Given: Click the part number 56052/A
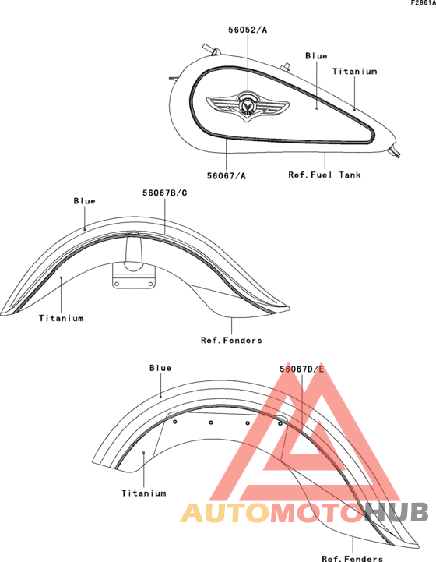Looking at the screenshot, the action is (x=248, y=30).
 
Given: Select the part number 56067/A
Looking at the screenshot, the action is (x=227, y=176).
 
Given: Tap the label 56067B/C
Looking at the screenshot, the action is (x=164, y=193).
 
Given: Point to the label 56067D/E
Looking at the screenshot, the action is (x=302, y=369).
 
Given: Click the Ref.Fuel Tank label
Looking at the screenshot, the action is (x=325, y=175).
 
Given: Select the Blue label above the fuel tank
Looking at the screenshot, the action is (x=316, y=56).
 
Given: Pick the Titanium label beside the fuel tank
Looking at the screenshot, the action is (x=355, y=72).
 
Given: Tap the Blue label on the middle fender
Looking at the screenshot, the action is (x=85, y=201).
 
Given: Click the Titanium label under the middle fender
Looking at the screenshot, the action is (x=62, y=318).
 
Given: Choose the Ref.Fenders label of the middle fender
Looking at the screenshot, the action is (x=231, y=340).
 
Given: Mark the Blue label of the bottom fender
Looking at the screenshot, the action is (x=160, y=368).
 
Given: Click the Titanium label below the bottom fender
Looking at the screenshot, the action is (x=144, y=493).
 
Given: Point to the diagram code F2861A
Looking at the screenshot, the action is (x=423, y=3).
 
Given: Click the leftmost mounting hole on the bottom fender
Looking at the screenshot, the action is (x=175, y=422).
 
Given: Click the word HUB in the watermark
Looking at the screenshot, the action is (x=396, y=512).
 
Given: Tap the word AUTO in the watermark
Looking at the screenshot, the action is (x=225, y=513).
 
